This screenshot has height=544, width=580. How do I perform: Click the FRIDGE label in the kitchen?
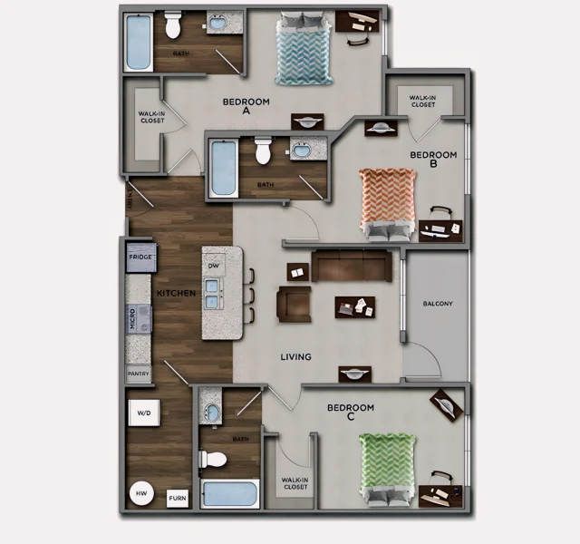click(x=140, y=257)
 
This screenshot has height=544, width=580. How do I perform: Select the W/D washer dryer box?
click(x=144, y=413)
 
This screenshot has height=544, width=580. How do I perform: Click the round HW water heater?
click(x=141, y=493)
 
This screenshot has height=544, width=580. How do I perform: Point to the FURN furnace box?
click(x=178, y=499)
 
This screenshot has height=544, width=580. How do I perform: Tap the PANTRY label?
click(x=139, y=374)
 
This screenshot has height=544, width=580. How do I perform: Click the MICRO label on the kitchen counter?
click(x=132, y=319)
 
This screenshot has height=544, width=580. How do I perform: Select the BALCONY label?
click(x=437, y=303)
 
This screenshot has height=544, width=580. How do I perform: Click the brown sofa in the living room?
click(x=352, y=265)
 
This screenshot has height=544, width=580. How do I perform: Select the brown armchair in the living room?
click(x=294, y=305)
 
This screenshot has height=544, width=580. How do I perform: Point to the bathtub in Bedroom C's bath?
click(x=230, y=495)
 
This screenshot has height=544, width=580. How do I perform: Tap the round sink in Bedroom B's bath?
click(x=298, y=150)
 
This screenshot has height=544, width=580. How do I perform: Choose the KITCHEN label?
click(x=177, y=294)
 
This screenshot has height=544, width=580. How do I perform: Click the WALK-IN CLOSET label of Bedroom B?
click(x=422, y=101)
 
